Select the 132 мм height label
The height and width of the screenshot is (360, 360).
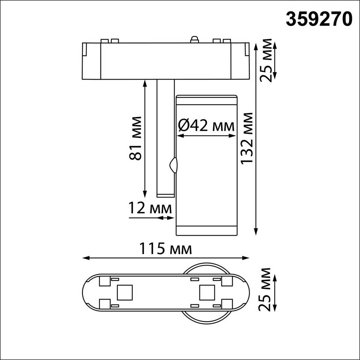pos(248,138)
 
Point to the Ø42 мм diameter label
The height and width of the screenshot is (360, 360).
pos(206,126)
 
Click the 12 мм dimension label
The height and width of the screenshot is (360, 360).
pos(150,208)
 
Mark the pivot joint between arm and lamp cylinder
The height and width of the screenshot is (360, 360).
pos(173,165)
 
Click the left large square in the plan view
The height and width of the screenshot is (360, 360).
pos(124,292)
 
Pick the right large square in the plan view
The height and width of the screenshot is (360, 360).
pos(207,292)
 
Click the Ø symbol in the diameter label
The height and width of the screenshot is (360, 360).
pos(183,126)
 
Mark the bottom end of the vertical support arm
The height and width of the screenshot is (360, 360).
pos(165,196)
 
